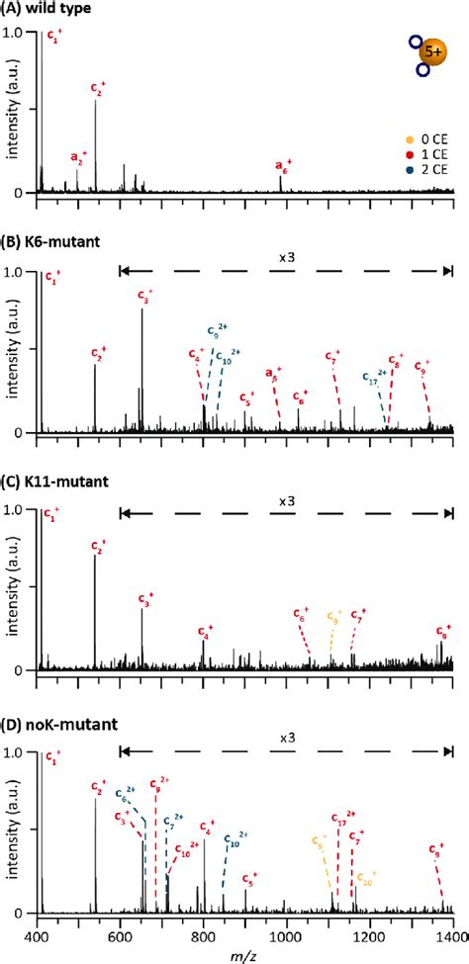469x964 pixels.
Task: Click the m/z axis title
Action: (244, 952)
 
